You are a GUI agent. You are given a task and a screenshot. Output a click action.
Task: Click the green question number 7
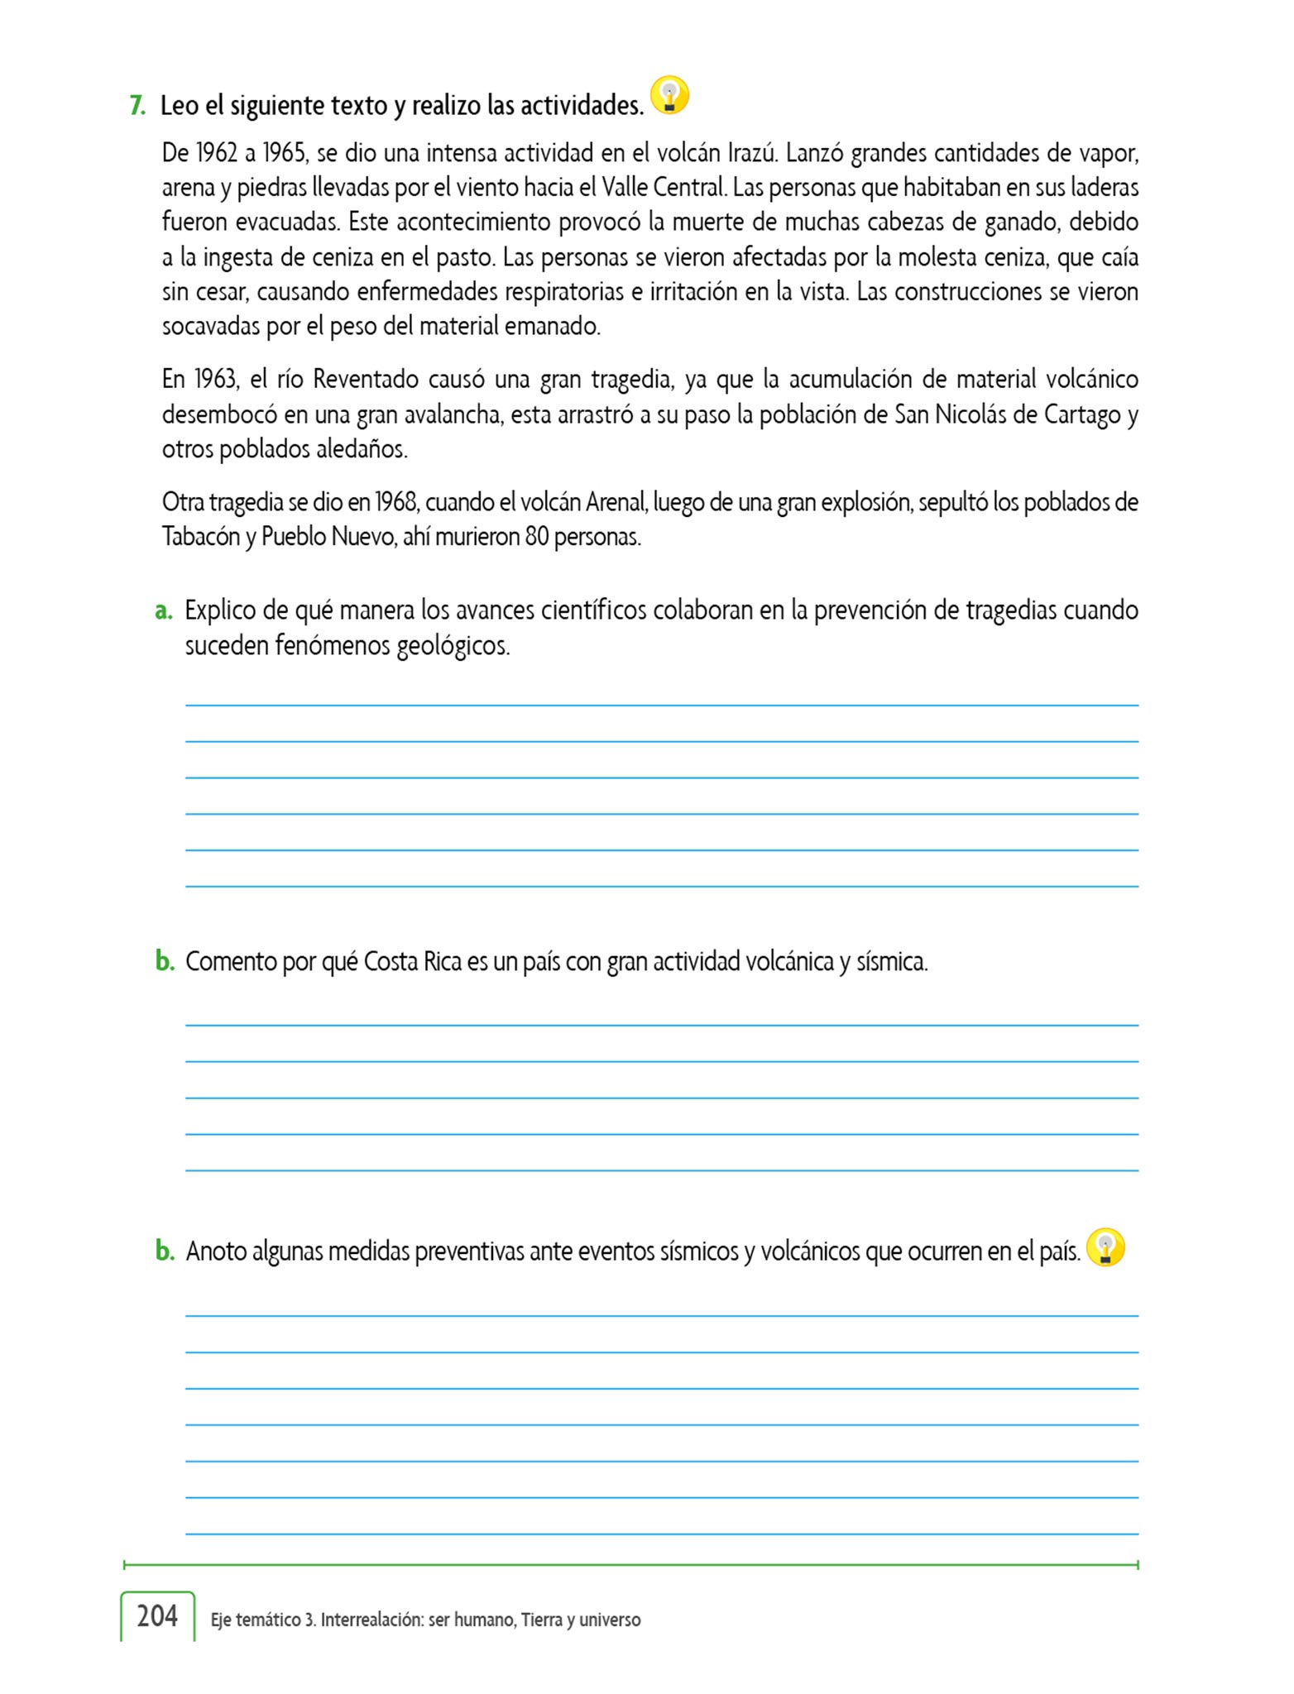coord(137,106)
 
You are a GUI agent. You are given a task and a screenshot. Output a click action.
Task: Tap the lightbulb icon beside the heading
coord(669,96)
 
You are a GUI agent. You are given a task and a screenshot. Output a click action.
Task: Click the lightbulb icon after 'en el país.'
coord(1105,1248)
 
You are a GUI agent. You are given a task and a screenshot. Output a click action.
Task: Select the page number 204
coord(157,1615)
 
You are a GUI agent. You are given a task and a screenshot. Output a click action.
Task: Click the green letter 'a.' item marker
coord(163,610)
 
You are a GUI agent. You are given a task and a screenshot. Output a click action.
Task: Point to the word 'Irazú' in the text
coord(752,153)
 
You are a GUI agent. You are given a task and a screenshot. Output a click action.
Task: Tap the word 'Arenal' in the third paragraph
coord(615,502)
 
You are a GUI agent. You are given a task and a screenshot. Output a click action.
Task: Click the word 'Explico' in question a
coord(219,610)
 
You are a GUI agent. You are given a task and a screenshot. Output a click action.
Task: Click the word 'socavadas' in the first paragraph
coord(211,327)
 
